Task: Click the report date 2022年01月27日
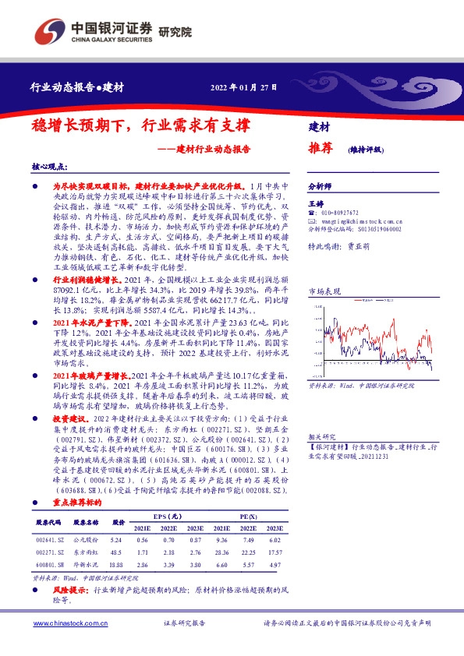click(244, 86)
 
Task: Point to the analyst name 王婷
click(316, 202)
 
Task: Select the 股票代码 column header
click(49, 523)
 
